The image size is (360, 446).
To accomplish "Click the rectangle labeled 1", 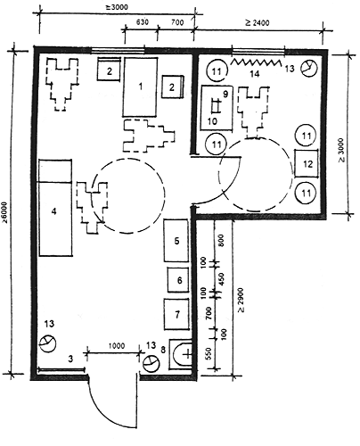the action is pyautogui.click(x=140, y=87).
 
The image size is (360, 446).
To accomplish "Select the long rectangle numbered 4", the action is pyautogui.click(x=55, y=219).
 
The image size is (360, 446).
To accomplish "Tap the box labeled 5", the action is pyautogui.click(x=176, y=241).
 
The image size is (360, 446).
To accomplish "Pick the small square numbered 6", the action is pyautogui.click(x=178, y=280).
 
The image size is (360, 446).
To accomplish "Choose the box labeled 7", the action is pyautogui.click(x=176, y=314).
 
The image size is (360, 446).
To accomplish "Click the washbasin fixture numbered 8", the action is pyautogui.click(x=181, y=354).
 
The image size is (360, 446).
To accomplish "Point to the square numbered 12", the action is pyautogui.click(x=307, y=163).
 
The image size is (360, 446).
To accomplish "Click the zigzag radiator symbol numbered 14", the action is pyautogui.click(x=256, y=62).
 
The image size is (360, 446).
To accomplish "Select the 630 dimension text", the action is pyautogui.click(x=143, y=22).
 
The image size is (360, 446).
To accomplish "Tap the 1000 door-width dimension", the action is pyautogui.click(x=117, y=346).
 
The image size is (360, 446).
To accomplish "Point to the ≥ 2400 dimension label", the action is pyautogui.click(x=258, y=22).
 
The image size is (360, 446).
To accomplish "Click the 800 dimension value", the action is pyautogui.click(x=220, y=240).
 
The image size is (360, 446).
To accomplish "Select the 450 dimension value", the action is pyautogui.click(x=222, y=278).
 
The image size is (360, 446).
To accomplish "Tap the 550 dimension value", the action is pyautogui.click(x=209, y=353).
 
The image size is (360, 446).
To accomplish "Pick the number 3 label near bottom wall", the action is pyautogui.click(x=70, y=359).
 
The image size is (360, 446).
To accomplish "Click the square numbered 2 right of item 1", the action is pyautogui.click(x=173, y=87).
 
